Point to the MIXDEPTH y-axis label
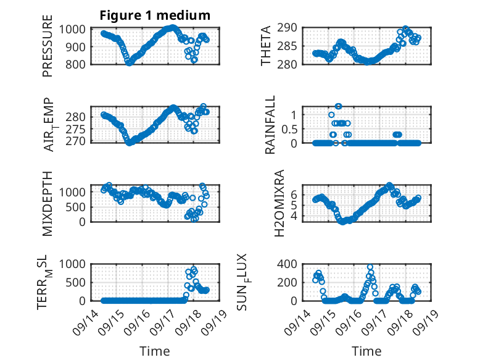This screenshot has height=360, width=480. pyautogui.click(x=48, y=204)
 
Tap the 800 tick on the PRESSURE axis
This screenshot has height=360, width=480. pyautogui.click(x=78, y=64)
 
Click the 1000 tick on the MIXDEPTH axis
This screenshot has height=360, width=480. pyautogui.click(x=75, y=192)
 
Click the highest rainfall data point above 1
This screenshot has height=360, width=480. pyautogui.click(x=338, y=106)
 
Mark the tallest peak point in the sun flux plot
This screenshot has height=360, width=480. pyautogui.click(x=370, y=267)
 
